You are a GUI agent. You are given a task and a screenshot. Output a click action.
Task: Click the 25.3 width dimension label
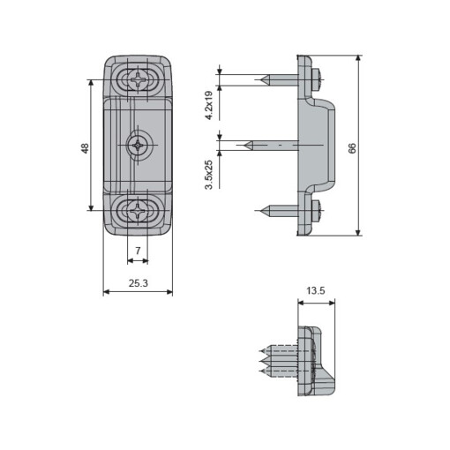[x=137, y=283]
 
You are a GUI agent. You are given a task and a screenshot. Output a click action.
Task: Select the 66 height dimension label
[x=352, y=147]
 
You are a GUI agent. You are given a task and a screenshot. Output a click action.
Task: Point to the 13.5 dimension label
[x=316, y=290]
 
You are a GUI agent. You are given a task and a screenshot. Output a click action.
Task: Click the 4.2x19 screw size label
[x=209, y=104]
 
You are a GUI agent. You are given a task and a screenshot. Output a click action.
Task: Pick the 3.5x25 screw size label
[x=209, y=174]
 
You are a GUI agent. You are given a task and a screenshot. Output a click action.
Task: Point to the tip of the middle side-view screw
[x=244, y=144]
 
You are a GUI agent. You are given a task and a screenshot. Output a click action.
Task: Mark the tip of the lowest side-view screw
[x=258, y=210]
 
